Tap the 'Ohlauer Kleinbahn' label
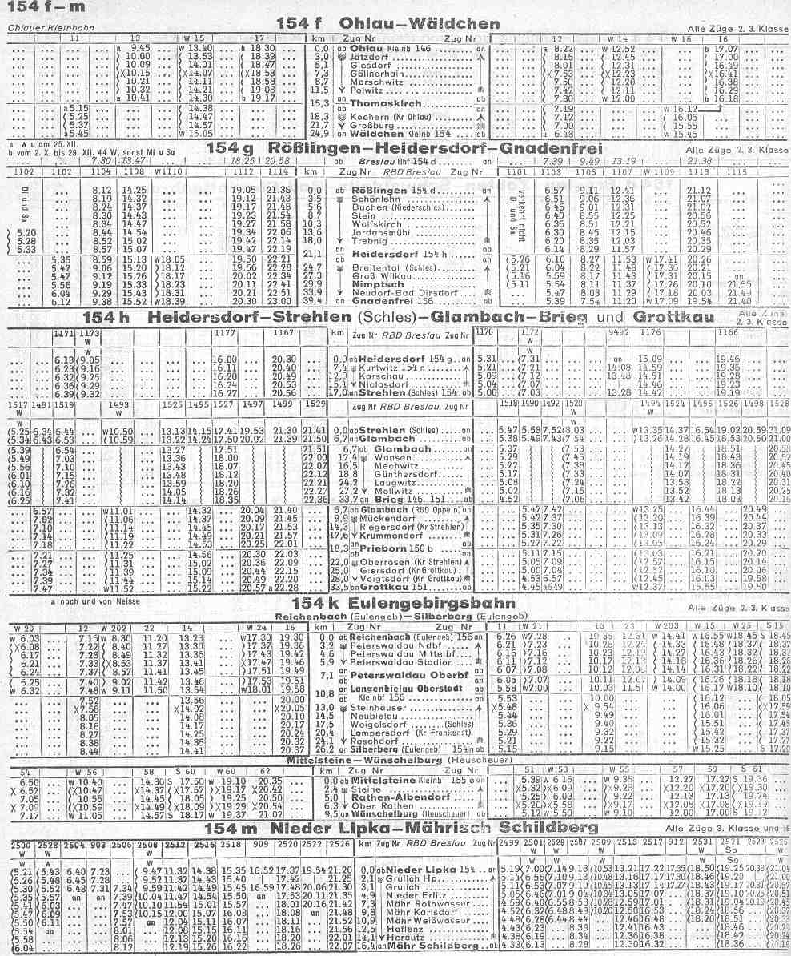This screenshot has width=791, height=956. tap(38, 28)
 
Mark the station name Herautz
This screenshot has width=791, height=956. tap(401, 938)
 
